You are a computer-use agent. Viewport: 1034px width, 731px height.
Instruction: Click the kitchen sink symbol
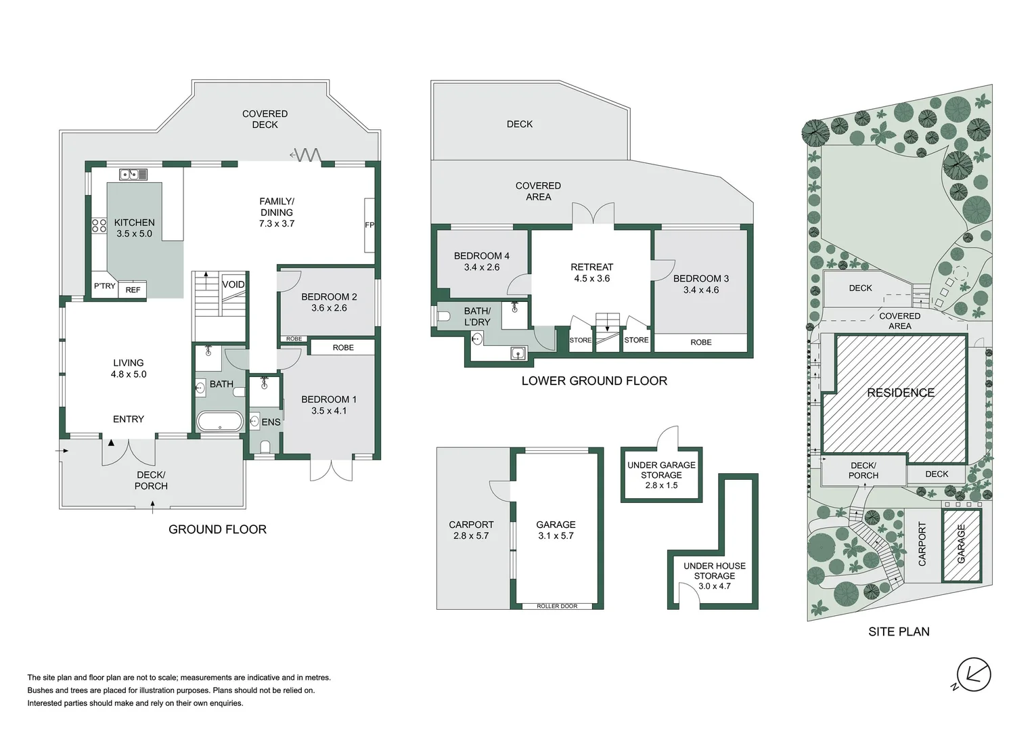pyautogui.click(x=133, y=175)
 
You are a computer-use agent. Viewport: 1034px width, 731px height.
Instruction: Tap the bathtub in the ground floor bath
pyautogui.click(x=219, y=422)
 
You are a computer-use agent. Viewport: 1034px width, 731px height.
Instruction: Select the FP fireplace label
pyautogui.click(x=369, y=225)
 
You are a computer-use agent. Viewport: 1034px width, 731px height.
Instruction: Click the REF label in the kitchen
pyautogui.click(x=133, y=290)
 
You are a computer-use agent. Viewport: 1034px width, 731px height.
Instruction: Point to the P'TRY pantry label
pyautogui.click(x=105, y=286)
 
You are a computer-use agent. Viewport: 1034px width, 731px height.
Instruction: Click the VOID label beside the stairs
pyautogui.click(x=233, y=284)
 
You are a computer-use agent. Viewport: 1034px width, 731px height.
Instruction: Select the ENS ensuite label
pyautogui.click(x=271, y=422)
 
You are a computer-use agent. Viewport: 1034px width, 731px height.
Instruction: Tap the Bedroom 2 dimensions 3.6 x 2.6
pyautogui.click(x=329, y=308)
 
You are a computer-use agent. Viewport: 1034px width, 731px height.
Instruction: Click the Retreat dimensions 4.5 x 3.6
pyautogui.click(x=591, y=278)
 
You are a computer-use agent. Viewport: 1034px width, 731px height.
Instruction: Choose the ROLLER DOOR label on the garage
pyautogui.click(x=557, y=606)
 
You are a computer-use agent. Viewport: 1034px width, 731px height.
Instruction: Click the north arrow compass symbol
pyautogui.click(x=974, y=675)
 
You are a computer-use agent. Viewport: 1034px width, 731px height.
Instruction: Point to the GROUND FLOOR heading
pyautogui.click(x=217, y=529)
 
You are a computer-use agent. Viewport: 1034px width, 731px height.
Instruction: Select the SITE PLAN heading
pyautogui.click(x=899, y=632)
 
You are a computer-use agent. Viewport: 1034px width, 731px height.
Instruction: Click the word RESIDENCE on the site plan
pyautogui.click(x=901, y=393)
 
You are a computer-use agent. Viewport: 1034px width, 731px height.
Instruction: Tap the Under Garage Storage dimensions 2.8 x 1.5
pyautogui.click(x=661, y=485)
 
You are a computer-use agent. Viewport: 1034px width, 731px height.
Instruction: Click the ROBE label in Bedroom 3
pyautogui.click(x=701, y=342)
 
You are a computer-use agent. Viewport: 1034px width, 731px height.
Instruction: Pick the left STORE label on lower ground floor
pyautogui.click(x=581, y=340)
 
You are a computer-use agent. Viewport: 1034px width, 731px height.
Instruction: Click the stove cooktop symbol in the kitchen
pyautogui.click(x=99, y=225)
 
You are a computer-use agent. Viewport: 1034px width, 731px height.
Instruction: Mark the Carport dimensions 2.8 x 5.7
pyautogui.click(x=471, y=535)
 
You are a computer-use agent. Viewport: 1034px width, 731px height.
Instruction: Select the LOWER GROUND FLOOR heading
pyautogui.click(x=594, y=381)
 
